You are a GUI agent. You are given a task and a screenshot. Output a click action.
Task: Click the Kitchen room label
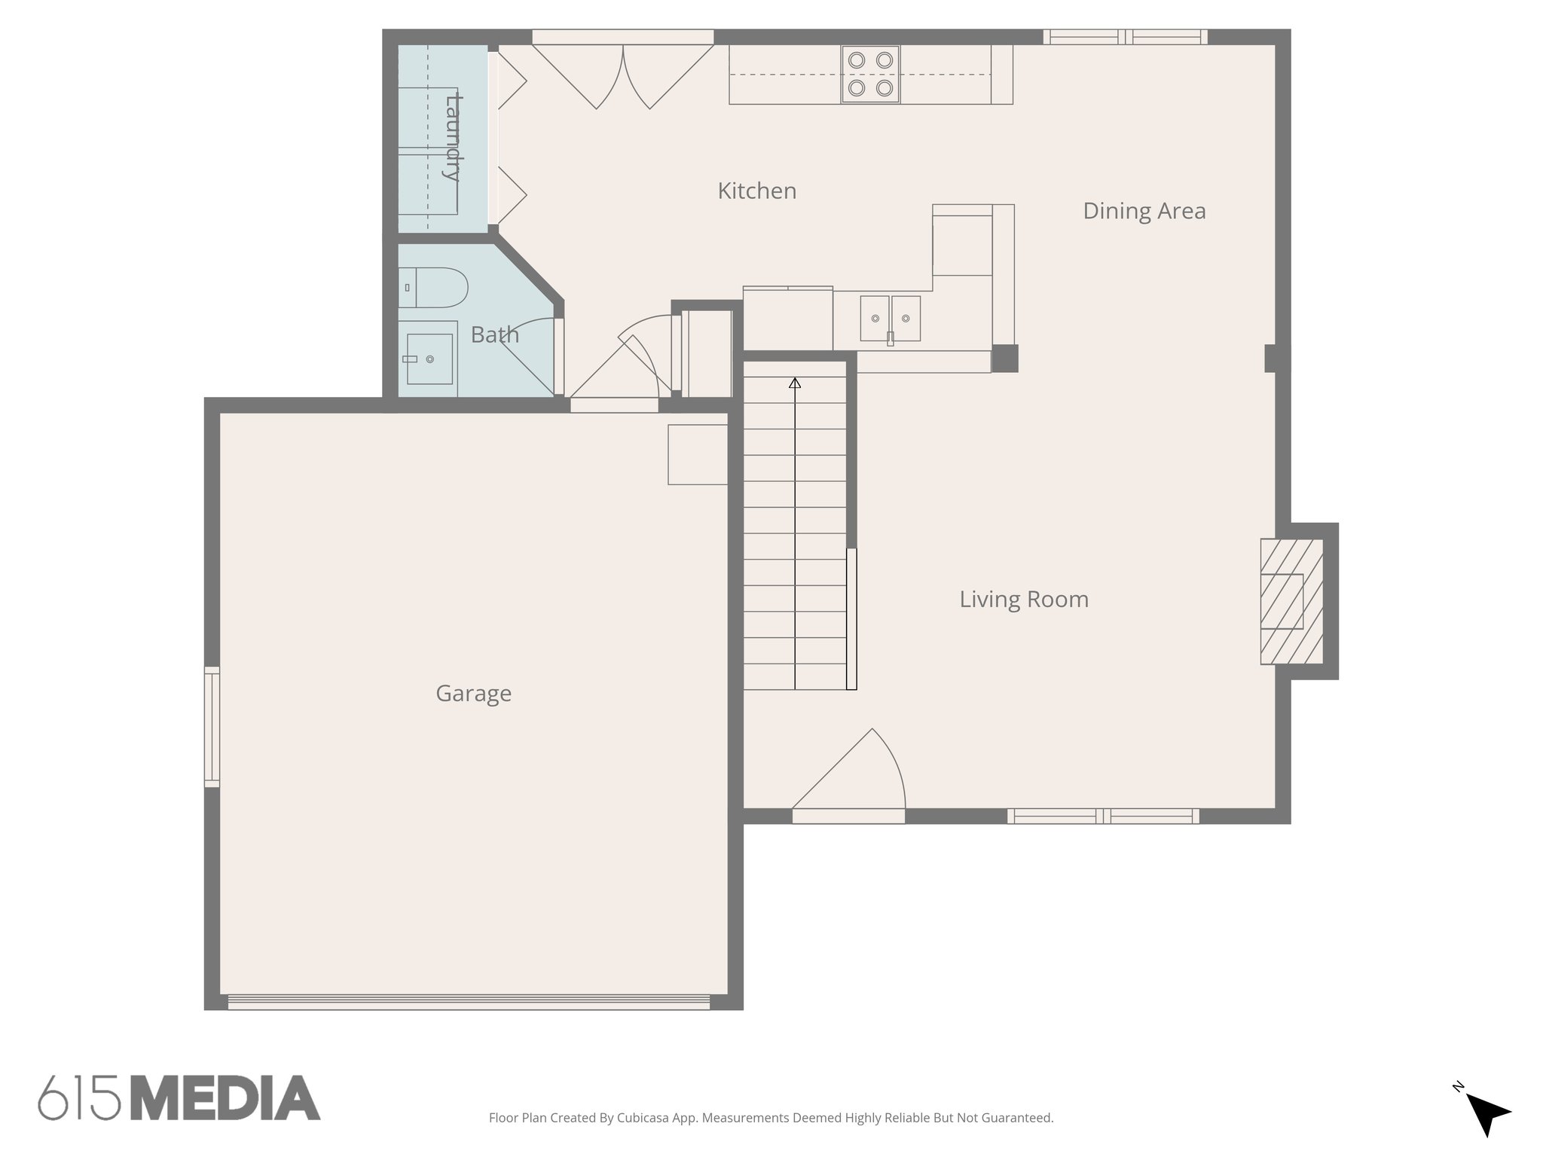pyautogui.click(x=756, y=191)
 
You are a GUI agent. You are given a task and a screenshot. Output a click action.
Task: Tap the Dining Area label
pyautogui.click(x=1144, y=211)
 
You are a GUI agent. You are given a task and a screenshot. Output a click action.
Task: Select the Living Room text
pyautogui.click(x=1023, y=600)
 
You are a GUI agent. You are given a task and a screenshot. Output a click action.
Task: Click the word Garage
pyautogui.click(x=473, y=693)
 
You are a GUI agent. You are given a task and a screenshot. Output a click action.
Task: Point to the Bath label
pyautogui.click(x=494, y=334)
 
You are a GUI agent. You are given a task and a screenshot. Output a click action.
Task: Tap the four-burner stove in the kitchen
pyautogui.click(x=870, y=75)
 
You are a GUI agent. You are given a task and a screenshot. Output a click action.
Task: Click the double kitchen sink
pyautogui.click(x=890, y=319)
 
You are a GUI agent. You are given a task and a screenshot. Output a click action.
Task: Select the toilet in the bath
pyautogui.click(x=432, y=287)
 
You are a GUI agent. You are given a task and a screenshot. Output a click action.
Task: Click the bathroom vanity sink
pyautogui.click(x=428, y=359)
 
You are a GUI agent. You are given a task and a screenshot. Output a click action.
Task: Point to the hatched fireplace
pyautogui.click(x=1291, y=601)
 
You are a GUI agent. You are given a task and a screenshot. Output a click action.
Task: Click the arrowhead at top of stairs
pyautogui.click(x=794, y=383)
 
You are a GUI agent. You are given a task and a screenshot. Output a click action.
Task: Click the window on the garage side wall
pyautogui.click(x=212, y=727)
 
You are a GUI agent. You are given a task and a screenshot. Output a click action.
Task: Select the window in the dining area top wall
pyautogui.click(x=1125, y=37)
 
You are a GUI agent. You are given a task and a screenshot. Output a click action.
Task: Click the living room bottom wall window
pyautogui.click(x=1103, y=816)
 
